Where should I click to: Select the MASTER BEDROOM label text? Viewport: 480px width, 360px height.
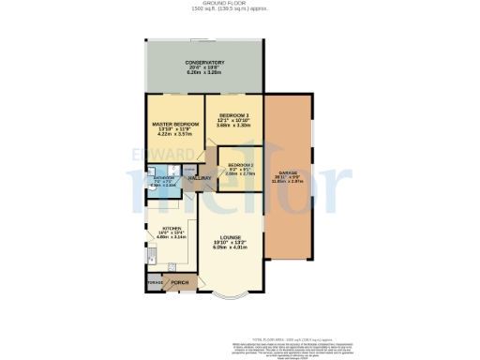pos(175,124)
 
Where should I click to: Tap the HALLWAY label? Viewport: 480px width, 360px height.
pos(200,178)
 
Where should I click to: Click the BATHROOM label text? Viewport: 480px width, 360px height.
pos(165,176)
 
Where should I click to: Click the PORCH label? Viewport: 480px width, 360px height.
pos(179,279)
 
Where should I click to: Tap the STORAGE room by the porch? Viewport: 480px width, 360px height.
pos(154,280)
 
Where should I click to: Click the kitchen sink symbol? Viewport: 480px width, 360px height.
pos(151,255)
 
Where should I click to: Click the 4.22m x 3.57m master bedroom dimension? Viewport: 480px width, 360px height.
pos(175,135)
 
